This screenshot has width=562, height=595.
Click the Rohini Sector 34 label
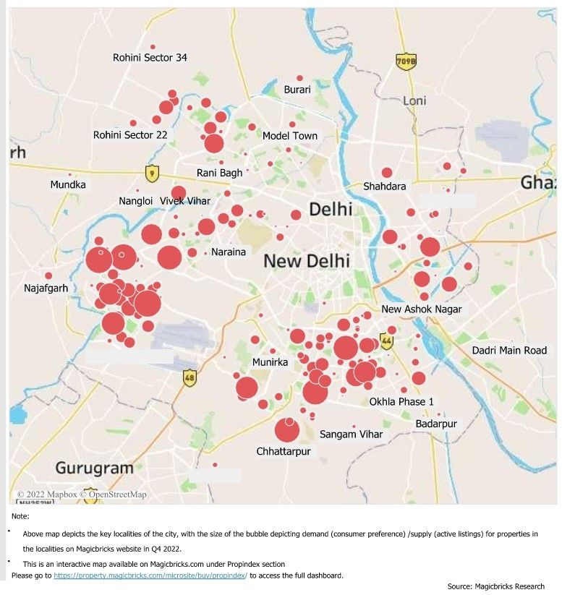tap(150, 58)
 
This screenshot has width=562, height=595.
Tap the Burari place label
tap(297, 90)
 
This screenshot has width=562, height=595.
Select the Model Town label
tap(289, 136)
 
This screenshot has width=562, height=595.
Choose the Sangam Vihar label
tap(351, 435)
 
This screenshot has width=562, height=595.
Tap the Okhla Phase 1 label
tap(401, 401)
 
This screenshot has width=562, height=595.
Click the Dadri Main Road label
tap(509, 351)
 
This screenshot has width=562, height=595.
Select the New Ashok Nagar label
tap(421, 309)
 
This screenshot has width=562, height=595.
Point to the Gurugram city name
tap(94, 468)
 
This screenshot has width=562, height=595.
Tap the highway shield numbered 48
tap(190, 377)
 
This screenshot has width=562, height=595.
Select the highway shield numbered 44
tap(387, 341)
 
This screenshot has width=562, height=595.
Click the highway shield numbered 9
tap(151, 173)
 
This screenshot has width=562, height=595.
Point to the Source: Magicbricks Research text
tap(495, 586)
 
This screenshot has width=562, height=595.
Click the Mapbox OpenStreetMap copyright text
tap(82, 495)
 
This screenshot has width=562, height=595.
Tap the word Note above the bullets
tap(20, 516)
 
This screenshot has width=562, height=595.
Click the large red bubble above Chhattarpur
tap(287, 430)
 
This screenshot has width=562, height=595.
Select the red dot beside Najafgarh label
tap(48, 275)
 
